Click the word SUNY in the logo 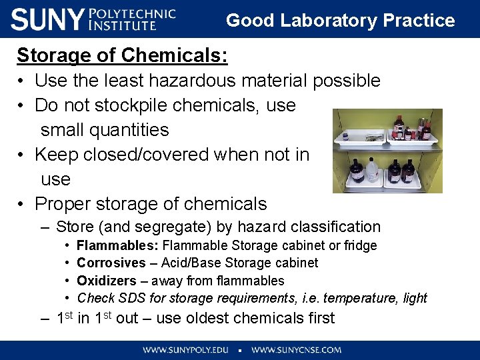[x=47, y=19]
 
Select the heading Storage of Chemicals [x=122, y=56]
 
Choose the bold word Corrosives [x=111, y=263]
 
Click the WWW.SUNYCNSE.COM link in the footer [x=296, y=349]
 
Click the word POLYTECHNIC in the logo [x=132, y=13]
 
